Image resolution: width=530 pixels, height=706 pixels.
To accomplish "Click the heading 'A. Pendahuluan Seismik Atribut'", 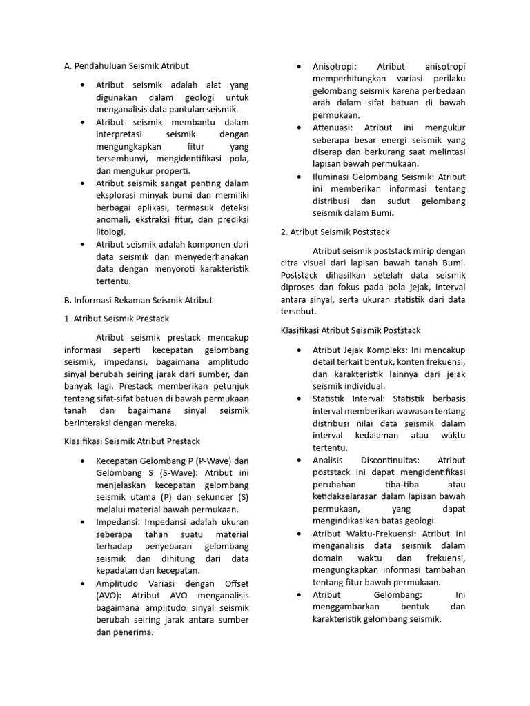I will [126, 66].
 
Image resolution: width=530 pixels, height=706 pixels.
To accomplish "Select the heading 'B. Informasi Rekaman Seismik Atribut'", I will [138, 300].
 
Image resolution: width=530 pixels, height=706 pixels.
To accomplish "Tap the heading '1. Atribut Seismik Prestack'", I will [116, 319].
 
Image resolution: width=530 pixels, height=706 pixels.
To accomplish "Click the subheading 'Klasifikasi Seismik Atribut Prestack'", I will [132, 441].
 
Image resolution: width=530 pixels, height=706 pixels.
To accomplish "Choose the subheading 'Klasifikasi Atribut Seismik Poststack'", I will [350, 331].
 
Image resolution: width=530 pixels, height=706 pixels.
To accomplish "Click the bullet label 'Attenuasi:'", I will [332, 128].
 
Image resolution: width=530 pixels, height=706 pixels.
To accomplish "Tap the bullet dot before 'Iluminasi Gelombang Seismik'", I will [298, 176].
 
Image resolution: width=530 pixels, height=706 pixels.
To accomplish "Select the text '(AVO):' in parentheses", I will [110, 596].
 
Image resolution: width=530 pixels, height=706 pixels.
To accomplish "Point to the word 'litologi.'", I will [110, 232].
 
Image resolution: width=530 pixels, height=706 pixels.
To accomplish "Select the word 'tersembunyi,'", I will [122, 159].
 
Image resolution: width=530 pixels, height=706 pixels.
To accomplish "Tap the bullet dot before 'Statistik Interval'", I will [298, 399].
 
